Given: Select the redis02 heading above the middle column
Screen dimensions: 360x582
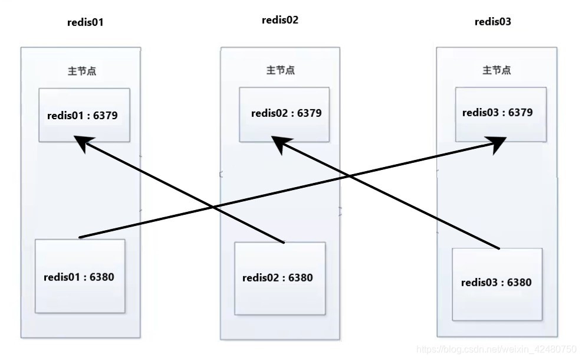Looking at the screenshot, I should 280,20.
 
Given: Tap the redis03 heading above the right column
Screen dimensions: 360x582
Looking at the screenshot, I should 493,22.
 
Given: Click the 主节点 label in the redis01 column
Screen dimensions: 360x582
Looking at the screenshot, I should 83,71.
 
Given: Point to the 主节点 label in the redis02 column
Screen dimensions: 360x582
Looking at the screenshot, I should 281,70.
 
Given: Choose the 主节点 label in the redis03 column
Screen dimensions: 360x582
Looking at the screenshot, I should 496,70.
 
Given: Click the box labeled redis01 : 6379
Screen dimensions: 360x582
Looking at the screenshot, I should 84,115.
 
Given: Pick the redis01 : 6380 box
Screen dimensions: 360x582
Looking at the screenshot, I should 80,276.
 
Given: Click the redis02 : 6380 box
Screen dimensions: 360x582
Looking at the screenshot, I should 280,278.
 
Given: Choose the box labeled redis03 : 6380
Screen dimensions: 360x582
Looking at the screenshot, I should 496,284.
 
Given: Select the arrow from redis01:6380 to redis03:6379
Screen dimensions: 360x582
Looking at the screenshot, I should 147,221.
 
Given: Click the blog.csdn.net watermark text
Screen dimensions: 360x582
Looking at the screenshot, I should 496,349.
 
